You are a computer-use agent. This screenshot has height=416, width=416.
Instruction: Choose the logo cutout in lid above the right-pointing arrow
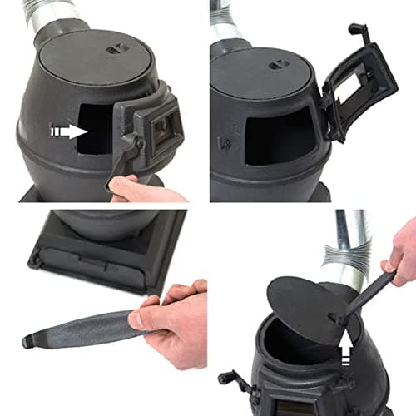114,49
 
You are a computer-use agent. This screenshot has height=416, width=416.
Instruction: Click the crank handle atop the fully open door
360,34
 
